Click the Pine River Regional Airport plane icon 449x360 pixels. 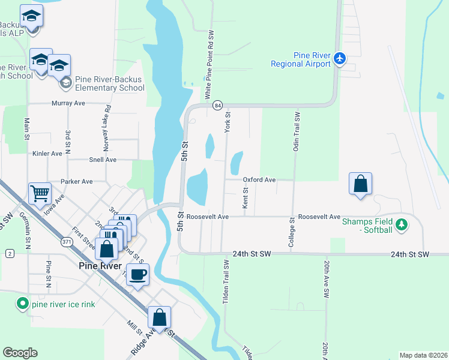[x=340, y=58]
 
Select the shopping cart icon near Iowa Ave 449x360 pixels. [x=40, y=194]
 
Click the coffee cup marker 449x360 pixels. [x=137, y=275]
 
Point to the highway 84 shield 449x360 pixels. [x=217, y=105]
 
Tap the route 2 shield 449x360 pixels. [x=10, y=254]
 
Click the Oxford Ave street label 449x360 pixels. [x=259, y=179]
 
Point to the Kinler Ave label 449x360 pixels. [x=47, y=154]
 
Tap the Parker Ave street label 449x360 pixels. [x=76, y=181]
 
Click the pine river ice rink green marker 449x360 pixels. [x=22, y=304]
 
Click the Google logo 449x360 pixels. [x=20, y=353]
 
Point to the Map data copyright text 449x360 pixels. [x=423, y=355]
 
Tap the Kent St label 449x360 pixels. [x=246, y=198]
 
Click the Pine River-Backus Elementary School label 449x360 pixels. [x=110, y=83]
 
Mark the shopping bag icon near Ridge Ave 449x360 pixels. [x=159, y=317]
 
